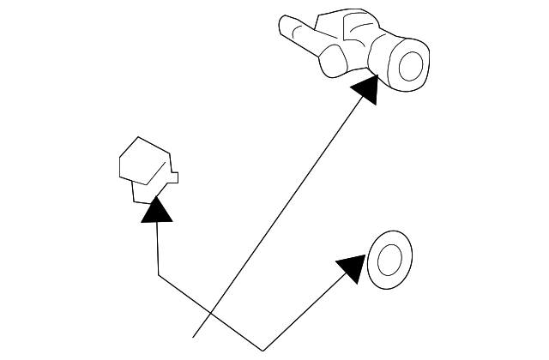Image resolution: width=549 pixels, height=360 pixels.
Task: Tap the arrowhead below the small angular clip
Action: pos(155,209)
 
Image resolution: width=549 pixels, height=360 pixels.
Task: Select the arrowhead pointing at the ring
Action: pos(353,267)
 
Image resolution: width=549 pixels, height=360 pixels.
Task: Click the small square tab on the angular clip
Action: pos(173,177)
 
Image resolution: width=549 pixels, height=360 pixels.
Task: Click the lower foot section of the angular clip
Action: pos(141,194)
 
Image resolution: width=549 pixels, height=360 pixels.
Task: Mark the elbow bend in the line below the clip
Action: pos(159,275)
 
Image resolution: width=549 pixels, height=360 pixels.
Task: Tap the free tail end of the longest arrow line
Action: pos(195,339)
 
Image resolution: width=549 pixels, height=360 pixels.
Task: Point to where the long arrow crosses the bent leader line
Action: pos(214,313)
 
